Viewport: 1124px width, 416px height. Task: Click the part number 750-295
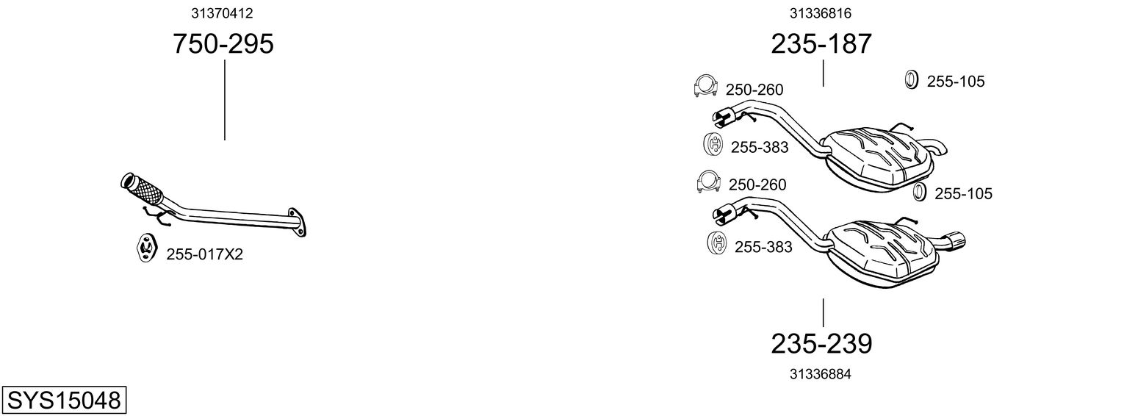tap(223, 44)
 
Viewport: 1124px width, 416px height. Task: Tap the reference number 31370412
tap(223, 12)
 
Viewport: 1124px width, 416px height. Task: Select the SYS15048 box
tap(63, 401)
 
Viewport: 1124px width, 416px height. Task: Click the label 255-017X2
tap(204, 254)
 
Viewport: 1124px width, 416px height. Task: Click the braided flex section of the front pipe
tap(145, 189)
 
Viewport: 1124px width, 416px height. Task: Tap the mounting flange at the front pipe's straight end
tap(298, 223)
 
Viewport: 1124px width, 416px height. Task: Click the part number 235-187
tap(821, 44)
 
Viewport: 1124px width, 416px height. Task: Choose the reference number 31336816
tap(821, 12)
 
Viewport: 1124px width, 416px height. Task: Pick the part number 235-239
tap(821, 343)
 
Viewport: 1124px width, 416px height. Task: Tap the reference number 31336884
tap(821, 374)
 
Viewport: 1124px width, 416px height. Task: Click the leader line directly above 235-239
tap(823, 312)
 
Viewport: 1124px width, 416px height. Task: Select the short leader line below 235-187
tap(823, 73)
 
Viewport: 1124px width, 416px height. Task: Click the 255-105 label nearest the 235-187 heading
tap(955, 82)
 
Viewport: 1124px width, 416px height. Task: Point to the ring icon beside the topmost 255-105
tap(910, 79)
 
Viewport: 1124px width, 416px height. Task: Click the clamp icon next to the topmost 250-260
tap(705, 87)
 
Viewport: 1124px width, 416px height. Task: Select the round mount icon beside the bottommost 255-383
tap(716, 243)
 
